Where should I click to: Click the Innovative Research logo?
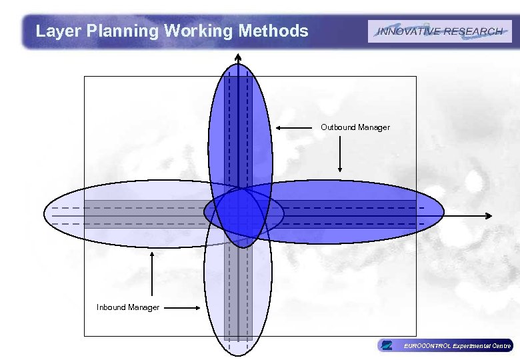tap(439, 31)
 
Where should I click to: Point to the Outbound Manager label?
tap(355, 127)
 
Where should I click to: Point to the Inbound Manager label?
tap(128, 307)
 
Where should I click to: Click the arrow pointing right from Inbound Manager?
tap(182, 307)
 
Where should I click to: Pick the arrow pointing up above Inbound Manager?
tap(153, 273)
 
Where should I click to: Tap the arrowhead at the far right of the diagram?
tap(488, 215)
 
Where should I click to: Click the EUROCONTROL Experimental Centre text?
tap(457, 345)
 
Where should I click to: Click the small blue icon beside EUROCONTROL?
tap(386, 345)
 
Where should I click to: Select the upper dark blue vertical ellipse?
tap(240, 127)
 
